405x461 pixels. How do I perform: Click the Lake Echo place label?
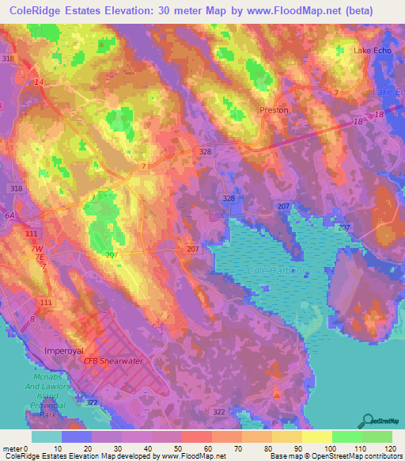pos(373,51)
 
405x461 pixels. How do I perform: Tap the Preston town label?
pos(274,110)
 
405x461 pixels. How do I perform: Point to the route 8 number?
pos(32,319)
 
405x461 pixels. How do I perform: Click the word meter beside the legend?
pos(11,448)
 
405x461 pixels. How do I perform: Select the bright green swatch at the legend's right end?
pos(377,436)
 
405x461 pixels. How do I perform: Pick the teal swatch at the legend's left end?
pos(47,436)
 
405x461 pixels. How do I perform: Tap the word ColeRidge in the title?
pos(39,10)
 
